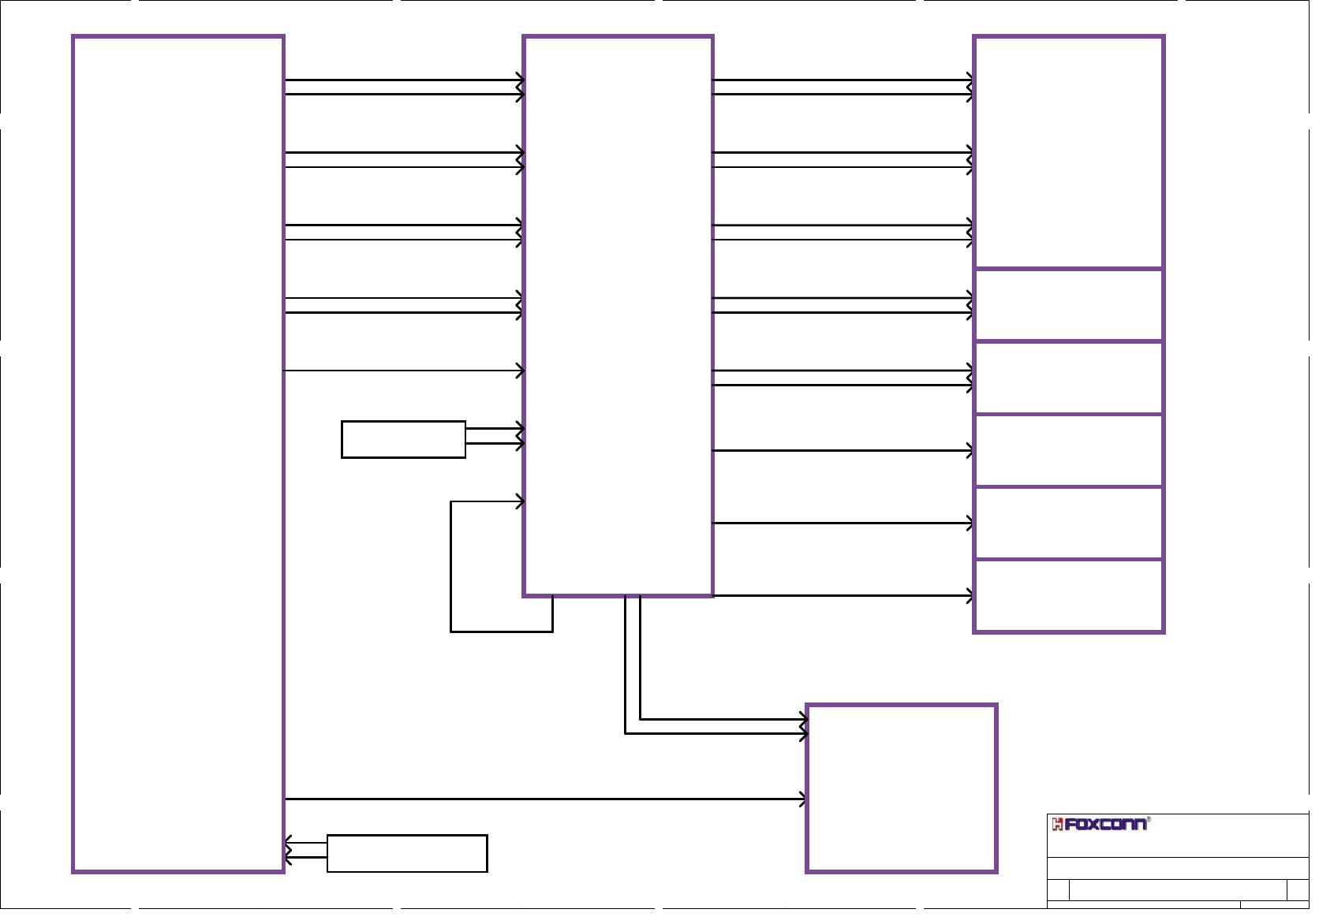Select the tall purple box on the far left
coord(178,453)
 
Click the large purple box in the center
coord(618,315)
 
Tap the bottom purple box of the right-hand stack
coord(1069,596)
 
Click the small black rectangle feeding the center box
coord(403,439)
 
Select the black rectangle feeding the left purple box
coord(407,853)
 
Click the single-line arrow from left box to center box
coord(402,371)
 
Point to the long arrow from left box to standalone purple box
coord(544,799)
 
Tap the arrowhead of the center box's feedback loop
coord(519,501)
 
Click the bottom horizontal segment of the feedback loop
coord(501,632)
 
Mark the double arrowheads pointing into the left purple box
coord(290,850)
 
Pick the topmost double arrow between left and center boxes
coord(402,88)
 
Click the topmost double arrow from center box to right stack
coord(843,88)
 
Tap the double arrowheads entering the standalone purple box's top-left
coord(802,727)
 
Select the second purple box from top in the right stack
coord(1069,305)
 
